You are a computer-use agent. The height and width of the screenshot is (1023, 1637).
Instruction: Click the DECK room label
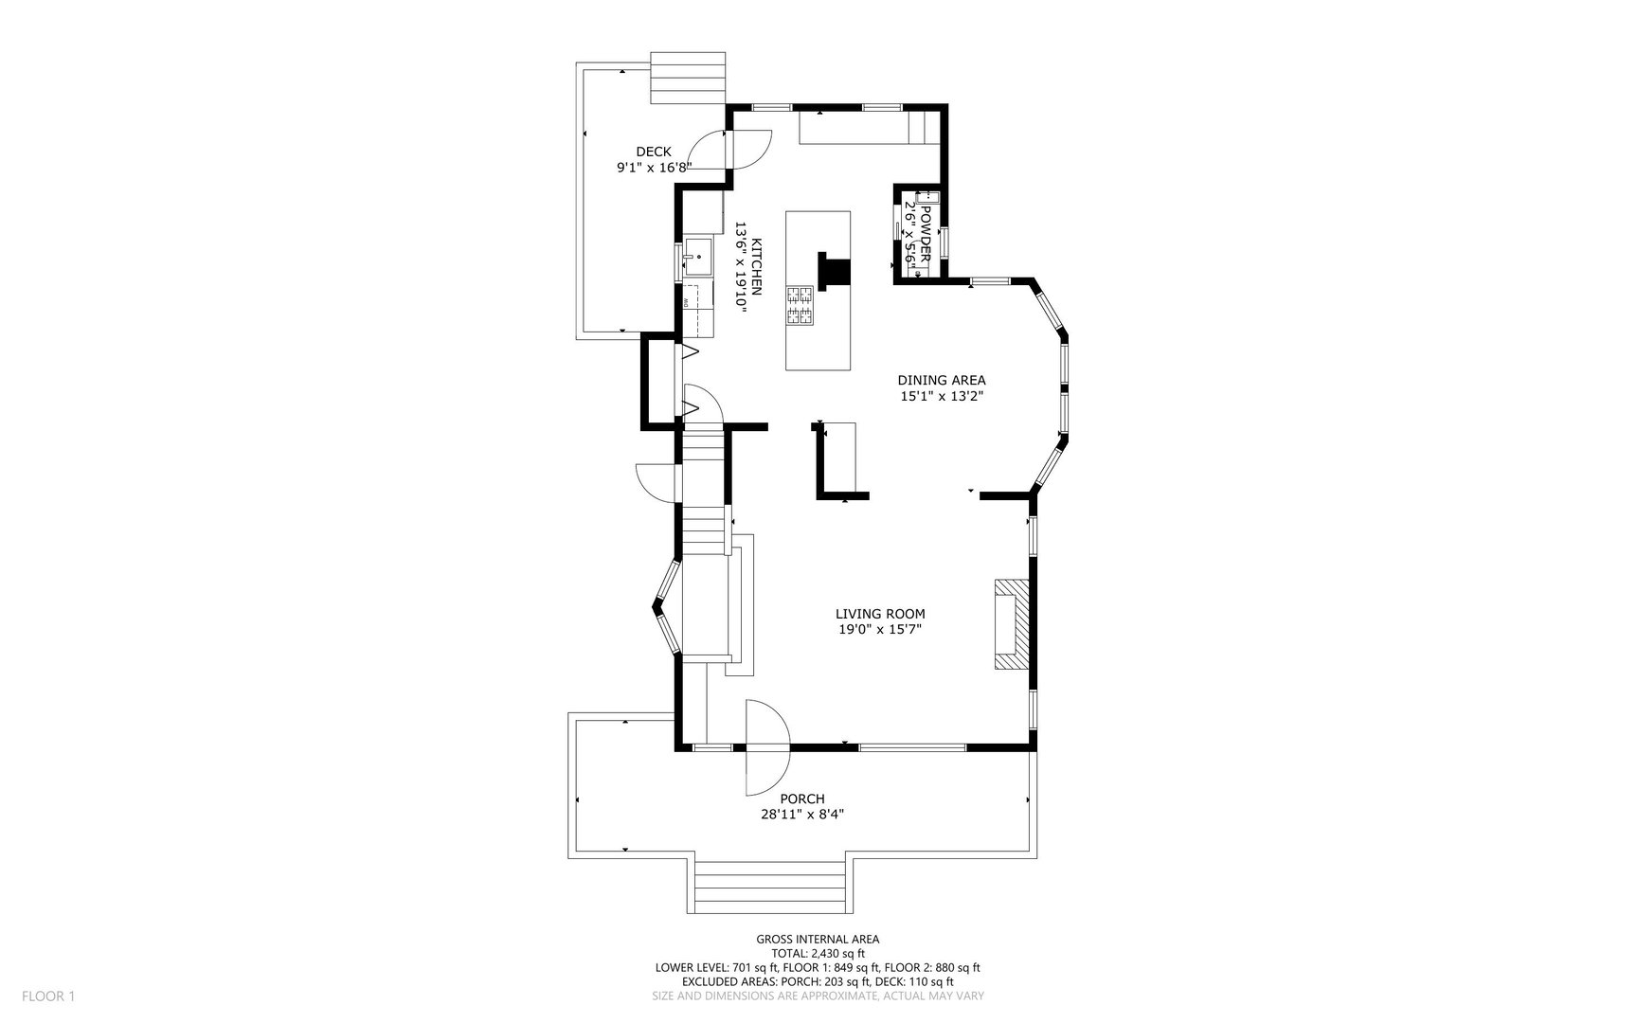tap(654, 152)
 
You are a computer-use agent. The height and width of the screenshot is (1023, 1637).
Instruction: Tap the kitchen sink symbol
tap(699, 257)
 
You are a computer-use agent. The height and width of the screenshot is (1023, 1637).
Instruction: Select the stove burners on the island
tap(800, 305)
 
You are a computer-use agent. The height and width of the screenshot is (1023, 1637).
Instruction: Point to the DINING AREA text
tap(942, 381)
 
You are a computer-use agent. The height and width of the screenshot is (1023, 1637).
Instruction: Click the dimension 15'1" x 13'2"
tap(942, 397)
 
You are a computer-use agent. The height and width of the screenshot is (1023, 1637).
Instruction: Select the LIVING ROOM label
tap(880, 614)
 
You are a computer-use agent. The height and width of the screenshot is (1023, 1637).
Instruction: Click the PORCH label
tap(802, 799)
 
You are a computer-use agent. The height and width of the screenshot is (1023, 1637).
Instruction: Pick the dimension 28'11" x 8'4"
tap(802, 814)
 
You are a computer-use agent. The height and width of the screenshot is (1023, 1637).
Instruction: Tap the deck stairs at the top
tap(688, 77)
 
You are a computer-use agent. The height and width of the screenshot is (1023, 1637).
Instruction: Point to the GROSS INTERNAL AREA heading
tap(818, 940)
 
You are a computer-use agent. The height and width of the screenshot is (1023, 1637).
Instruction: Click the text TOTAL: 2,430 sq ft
tap(818, 954)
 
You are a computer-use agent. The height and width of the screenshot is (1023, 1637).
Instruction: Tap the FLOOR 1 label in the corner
tap(48, 996)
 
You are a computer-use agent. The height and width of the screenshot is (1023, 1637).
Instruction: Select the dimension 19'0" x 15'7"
tap(880, 629)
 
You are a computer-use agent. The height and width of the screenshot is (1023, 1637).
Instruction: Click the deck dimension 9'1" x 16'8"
tap(654, 168)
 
